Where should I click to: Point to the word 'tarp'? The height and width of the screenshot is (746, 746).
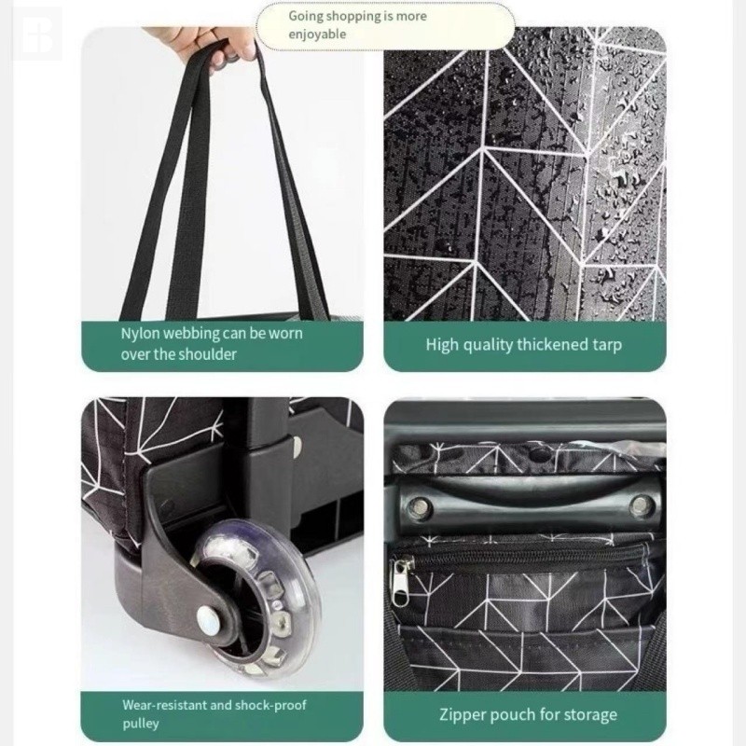(x=607, y=345)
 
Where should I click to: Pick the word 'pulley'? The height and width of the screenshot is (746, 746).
(x=141, y=725)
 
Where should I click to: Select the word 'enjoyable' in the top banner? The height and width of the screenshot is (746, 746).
(x=317, y=35)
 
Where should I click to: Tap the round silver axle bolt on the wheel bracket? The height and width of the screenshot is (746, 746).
(x=209, y=620)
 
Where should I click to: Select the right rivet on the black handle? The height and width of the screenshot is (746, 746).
(x=640, y=505)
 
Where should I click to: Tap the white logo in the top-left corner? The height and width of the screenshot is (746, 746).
(x=37, y=35)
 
